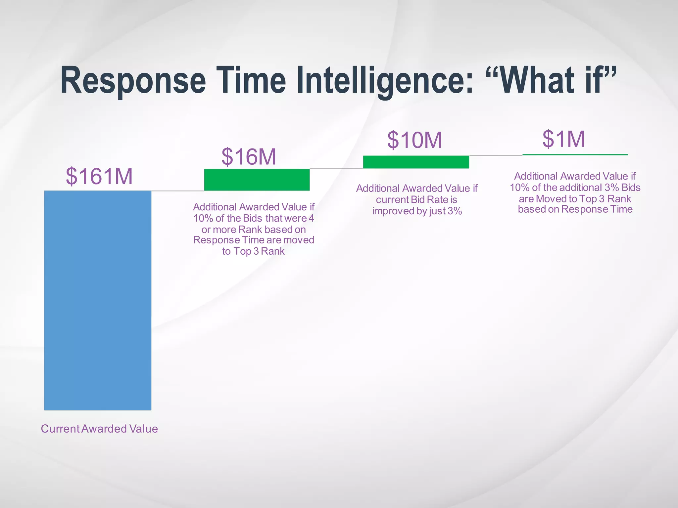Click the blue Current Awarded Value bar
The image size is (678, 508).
[98, 300]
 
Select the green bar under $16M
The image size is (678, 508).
[257, 180]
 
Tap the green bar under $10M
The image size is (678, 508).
[416, 162]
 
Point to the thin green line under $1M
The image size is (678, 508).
[575, 154]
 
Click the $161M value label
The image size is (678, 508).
[99, 176]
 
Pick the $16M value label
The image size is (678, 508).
[249, 156]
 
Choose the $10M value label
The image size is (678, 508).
[414, 140]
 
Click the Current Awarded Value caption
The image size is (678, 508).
[99, 429]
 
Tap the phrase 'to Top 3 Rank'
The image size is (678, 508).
[253, 251]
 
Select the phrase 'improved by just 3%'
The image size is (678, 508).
[417, 211]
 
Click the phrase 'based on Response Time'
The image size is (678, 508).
[575, 209]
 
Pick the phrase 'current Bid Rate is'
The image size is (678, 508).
[416, 200]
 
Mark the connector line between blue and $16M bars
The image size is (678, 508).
[177, 191]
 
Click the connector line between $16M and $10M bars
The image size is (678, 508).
[336, 169]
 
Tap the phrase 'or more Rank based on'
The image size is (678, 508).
[254, 230]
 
